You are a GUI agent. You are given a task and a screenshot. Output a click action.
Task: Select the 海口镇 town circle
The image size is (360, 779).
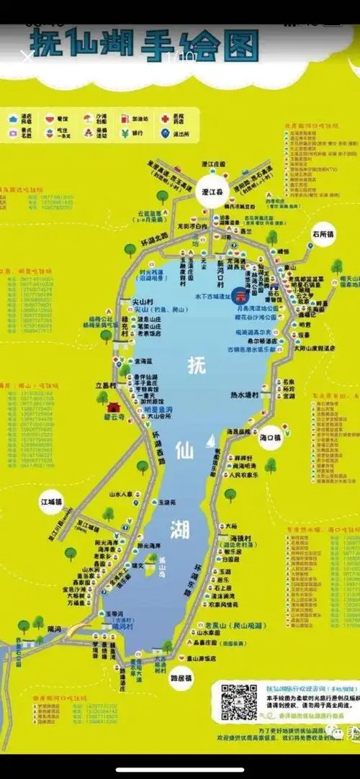click(x=269, y=437)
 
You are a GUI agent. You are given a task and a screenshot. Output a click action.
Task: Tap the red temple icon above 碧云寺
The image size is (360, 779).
click(x=113, y=407)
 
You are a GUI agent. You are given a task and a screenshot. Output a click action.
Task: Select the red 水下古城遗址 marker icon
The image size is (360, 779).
click(x=242, y=297)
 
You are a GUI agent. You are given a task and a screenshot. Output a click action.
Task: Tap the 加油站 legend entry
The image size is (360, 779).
click(x=140, y=117)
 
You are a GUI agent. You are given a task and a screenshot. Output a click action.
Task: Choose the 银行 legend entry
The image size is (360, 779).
click(x=138, y=132)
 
